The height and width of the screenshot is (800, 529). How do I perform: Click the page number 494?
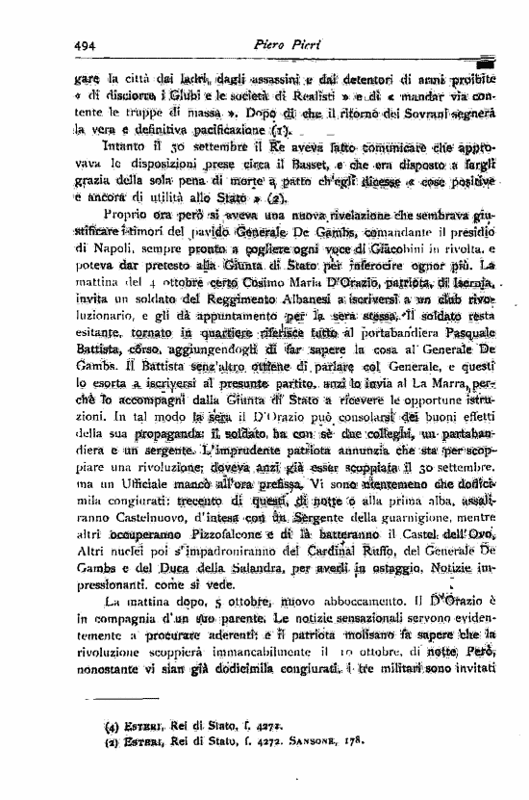click(88, 44)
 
